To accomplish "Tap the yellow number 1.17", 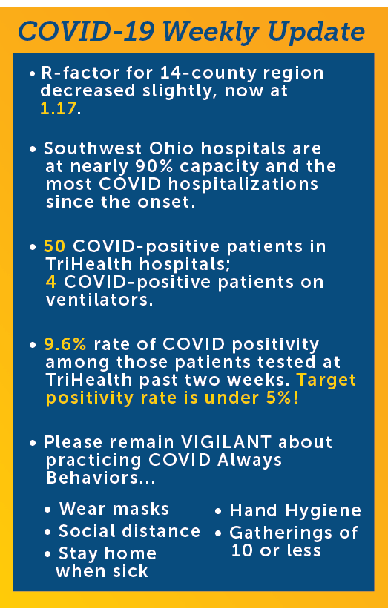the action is (x=59, y=108).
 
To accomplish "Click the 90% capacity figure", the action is (x=149, y=167).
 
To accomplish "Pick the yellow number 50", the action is (x=55, y=246).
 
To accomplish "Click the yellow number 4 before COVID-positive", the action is (x=51, y=282).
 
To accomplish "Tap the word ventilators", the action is (x=99, y=300).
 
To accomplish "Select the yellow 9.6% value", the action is (x=65, y=344).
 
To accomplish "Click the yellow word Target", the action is (x=326, y=381).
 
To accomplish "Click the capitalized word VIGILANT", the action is (x=226, y=442).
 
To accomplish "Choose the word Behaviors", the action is (x=93, y=478).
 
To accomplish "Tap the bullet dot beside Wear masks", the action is (x=47, y=510).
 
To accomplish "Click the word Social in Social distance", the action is (x=83, y=531).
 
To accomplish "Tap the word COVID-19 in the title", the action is (x=86, y=32).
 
